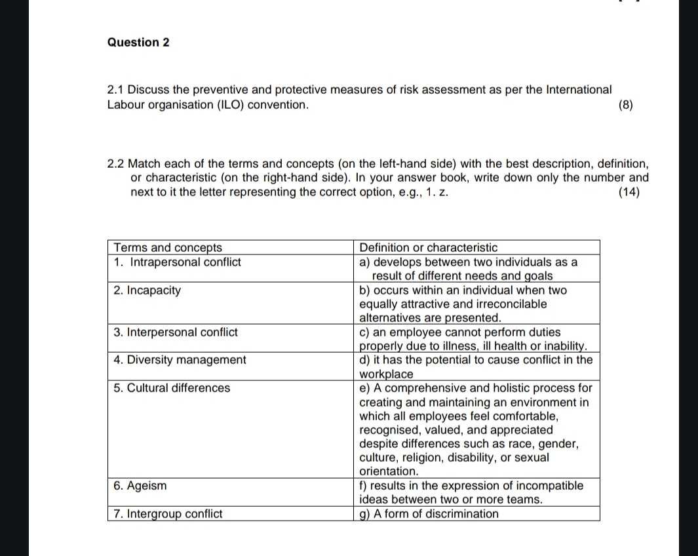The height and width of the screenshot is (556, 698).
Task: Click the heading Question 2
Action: (138, 43)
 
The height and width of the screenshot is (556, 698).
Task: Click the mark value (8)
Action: (627, 105)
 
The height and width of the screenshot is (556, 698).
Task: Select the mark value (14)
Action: (629, 192)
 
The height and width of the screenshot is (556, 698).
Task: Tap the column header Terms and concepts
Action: (168, 247)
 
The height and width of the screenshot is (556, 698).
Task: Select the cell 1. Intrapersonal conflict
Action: (177, 262)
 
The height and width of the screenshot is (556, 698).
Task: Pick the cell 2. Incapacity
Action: (147, 290)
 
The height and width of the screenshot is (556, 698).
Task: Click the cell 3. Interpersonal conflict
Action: (176, 332)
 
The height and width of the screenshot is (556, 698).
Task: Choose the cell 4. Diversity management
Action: (180, 360)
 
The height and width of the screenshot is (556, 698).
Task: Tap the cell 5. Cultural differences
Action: (172, 388)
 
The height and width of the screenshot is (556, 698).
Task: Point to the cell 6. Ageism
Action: (140, 486)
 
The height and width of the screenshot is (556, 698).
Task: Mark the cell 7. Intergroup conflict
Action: (168, 514)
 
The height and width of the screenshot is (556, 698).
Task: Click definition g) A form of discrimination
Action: (429, 514)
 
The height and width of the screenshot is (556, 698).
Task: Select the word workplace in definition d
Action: (387, 374)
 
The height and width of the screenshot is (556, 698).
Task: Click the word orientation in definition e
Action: (389, 471)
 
